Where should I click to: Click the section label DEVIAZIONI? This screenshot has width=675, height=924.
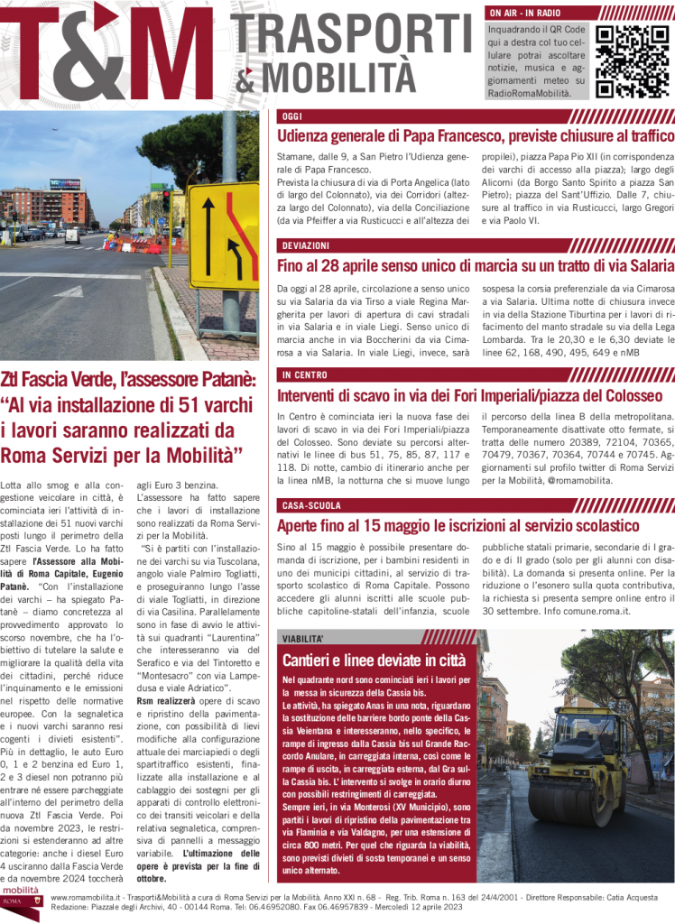pyautogui.click(x=305, y=245)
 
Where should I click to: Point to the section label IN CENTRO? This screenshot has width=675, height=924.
pyautogui.click(x=304, y=374)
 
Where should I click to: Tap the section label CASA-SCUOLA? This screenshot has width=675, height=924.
pyautogui.click(x=311, y=505)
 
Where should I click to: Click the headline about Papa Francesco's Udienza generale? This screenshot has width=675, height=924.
pyautogui.click(x=476, y=136)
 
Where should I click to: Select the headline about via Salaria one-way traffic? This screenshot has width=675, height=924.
pyautogui.click(x=476, y=265)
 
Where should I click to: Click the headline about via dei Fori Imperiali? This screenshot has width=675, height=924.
pyautogui.click(x=469, y=395)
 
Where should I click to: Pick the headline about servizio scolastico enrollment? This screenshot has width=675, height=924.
pyautogui.click(x=458, y=525)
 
